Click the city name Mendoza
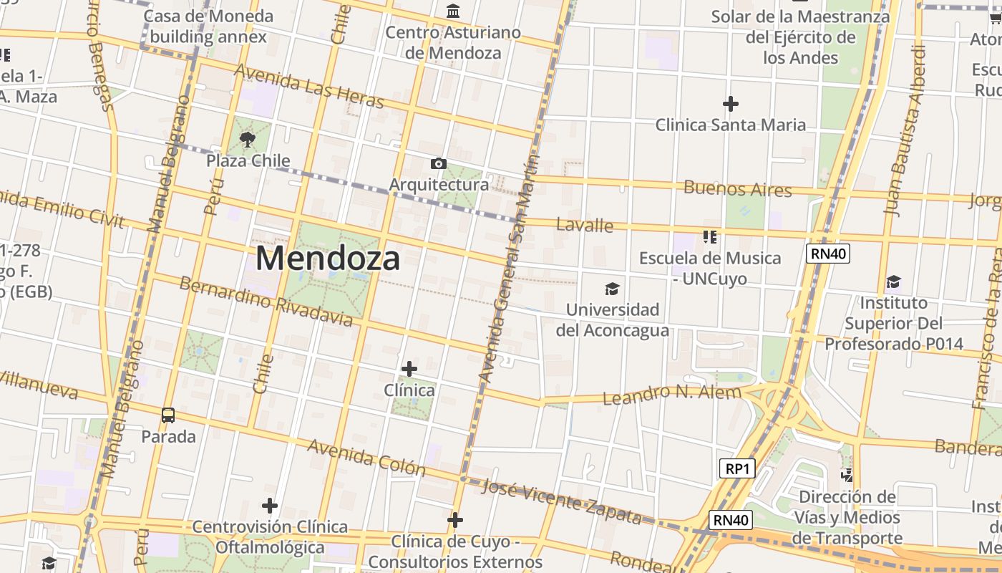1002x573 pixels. point(327,259)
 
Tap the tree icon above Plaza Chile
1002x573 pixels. point(248,139)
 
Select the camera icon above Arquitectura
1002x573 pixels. point(439,164)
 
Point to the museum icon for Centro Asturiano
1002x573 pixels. point(453,11)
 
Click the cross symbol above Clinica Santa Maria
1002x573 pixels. point(730,104)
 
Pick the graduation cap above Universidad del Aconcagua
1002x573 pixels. point(612,289)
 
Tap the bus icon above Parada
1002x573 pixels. point(168,415)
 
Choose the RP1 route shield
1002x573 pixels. point(736,468)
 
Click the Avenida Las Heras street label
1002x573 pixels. point(308,86)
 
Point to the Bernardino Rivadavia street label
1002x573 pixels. point(266,301)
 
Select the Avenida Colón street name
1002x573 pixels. point(366,457)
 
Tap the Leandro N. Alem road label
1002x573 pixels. point(671,394)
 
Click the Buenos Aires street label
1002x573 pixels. point(738,189)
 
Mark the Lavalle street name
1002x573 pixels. point(585,226)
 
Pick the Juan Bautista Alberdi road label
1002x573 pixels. point(905,130)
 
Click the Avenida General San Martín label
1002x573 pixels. point(507,269)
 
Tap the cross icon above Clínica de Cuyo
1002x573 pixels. point(455,520)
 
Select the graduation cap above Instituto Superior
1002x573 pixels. point(893,281)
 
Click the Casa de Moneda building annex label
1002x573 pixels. point(208,27)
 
